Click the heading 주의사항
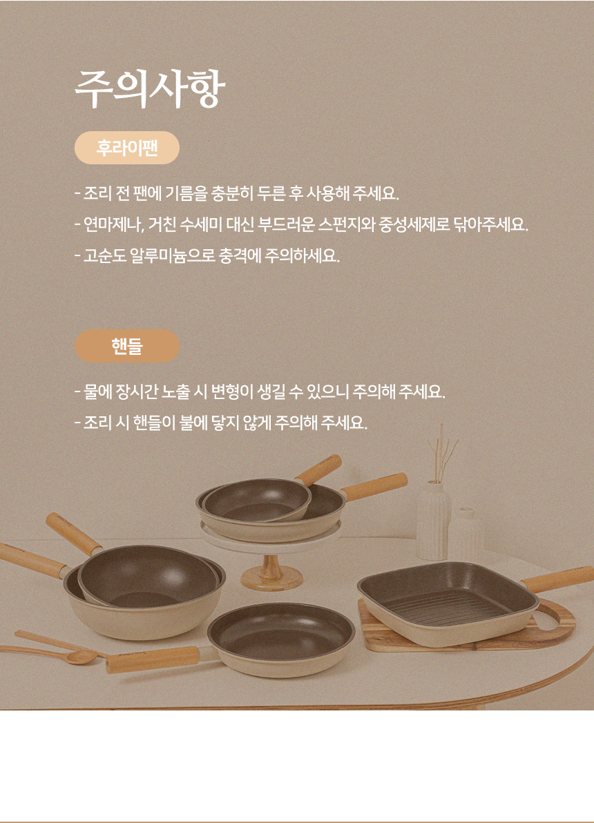pyautogui.click(x=150, y=88)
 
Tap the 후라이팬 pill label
pyautogui.click(x=127, y=148)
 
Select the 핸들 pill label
pyautogui.click(x=127, y=346)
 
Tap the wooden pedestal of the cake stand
pyautogui.click(x=271, y=572)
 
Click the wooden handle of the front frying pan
pyautogui.click(x=153, y=659)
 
